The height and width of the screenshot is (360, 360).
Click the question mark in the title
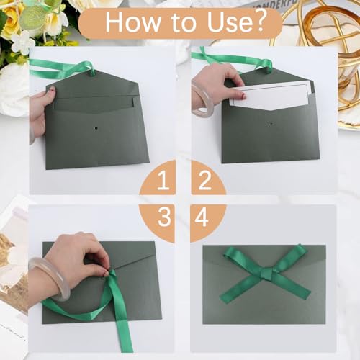(x=258, y=21)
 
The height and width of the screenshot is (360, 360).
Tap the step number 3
(x=164, y=217)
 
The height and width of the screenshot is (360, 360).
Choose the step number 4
(x=202, y=217)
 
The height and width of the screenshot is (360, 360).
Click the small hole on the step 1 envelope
(x=96, y=128)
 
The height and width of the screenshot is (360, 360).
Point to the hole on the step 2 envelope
(x=271, y=124)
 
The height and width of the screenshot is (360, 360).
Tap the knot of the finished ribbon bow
(x=265, y=274)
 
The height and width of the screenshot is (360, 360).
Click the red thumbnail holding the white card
(x=243, y=96)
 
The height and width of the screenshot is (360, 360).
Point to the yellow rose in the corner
(x=12, y=18)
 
